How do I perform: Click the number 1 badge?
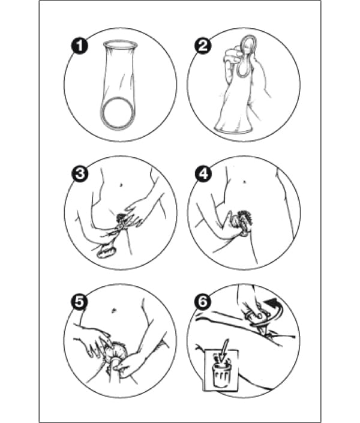click(x=79, y=46)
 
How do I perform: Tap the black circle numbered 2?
click(x=203, y=45)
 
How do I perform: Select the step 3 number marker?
click(x=80, y=173)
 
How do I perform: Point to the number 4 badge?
click(x=203, y=173)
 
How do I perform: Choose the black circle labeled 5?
click(x=79, y=302)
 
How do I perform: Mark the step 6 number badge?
click(x=203, y=301)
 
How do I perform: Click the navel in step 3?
click(x=121, y=185)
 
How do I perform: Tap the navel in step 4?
click(x=244, y=182)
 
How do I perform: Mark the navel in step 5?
click(x=113, y=310)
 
